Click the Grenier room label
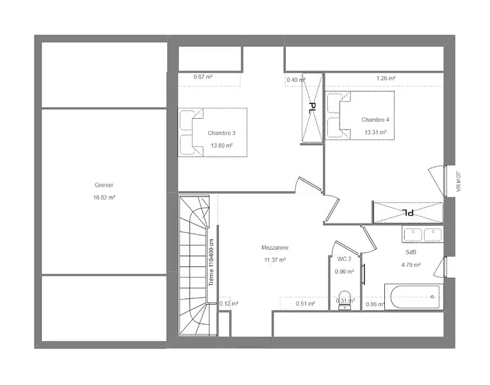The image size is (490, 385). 104,185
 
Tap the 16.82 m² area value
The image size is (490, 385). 104,198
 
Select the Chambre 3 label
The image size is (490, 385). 222,133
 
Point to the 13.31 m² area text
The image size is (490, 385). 375,132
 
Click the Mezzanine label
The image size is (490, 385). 275,248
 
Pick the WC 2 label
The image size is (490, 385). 345,259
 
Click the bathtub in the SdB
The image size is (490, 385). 414,296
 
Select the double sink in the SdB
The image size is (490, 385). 423,234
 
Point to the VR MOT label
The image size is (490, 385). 459,182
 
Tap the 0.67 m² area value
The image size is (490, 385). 203,77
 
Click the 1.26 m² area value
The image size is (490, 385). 386,78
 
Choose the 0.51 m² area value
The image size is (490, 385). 306,304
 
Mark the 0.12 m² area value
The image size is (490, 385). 229,304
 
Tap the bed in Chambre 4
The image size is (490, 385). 360,116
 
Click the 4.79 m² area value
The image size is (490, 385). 411,265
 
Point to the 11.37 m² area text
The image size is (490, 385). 275,260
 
